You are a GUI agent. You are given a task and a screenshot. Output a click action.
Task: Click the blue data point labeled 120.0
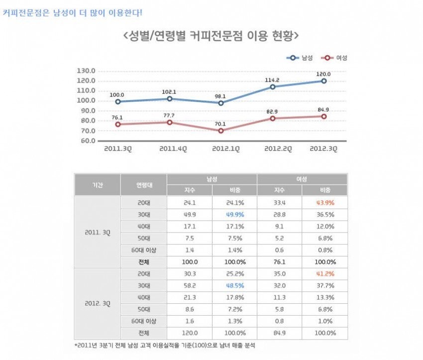(324, 81)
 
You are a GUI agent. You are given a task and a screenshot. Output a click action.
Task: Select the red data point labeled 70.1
(221, 130)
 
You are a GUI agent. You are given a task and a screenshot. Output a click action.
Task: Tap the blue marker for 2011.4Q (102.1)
(170, 99)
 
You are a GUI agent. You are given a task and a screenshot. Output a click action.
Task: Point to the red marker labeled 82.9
(273, 118)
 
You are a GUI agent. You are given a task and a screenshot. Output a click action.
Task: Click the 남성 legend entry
(300, 58)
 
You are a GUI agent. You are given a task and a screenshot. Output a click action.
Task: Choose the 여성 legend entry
(334, 58)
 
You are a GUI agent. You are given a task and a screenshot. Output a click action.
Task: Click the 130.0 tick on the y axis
(86, 71)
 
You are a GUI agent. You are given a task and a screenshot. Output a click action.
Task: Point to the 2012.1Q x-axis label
(226, 149)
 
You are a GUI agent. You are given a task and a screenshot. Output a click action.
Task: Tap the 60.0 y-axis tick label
(86, 140)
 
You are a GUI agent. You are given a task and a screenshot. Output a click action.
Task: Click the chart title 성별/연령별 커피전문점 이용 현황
(211, 36)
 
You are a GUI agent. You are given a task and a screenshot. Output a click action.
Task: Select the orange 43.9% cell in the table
(325, 203)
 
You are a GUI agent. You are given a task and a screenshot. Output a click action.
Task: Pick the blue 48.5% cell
(235, 285)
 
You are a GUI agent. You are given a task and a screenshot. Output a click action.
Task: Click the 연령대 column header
(144, 185)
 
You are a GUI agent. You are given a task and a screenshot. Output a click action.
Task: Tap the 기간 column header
(98, 185)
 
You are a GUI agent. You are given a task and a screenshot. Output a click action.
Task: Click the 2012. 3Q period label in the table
(98, 304)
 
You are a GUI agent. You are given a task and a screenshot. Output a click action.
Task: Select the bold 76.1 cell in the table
(279, 262)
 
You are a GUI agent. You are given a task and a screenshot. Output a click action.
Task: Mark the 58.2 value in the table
(190, 285)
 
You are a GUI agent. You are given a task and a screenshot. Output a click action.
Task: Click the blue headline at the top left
(72, 12)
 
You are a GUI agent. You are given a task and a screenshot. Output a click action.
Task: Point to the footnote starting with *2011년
(165, 346)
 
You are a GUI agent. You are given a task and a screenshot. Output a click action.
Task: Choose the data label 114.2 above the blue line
(272, 80)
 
